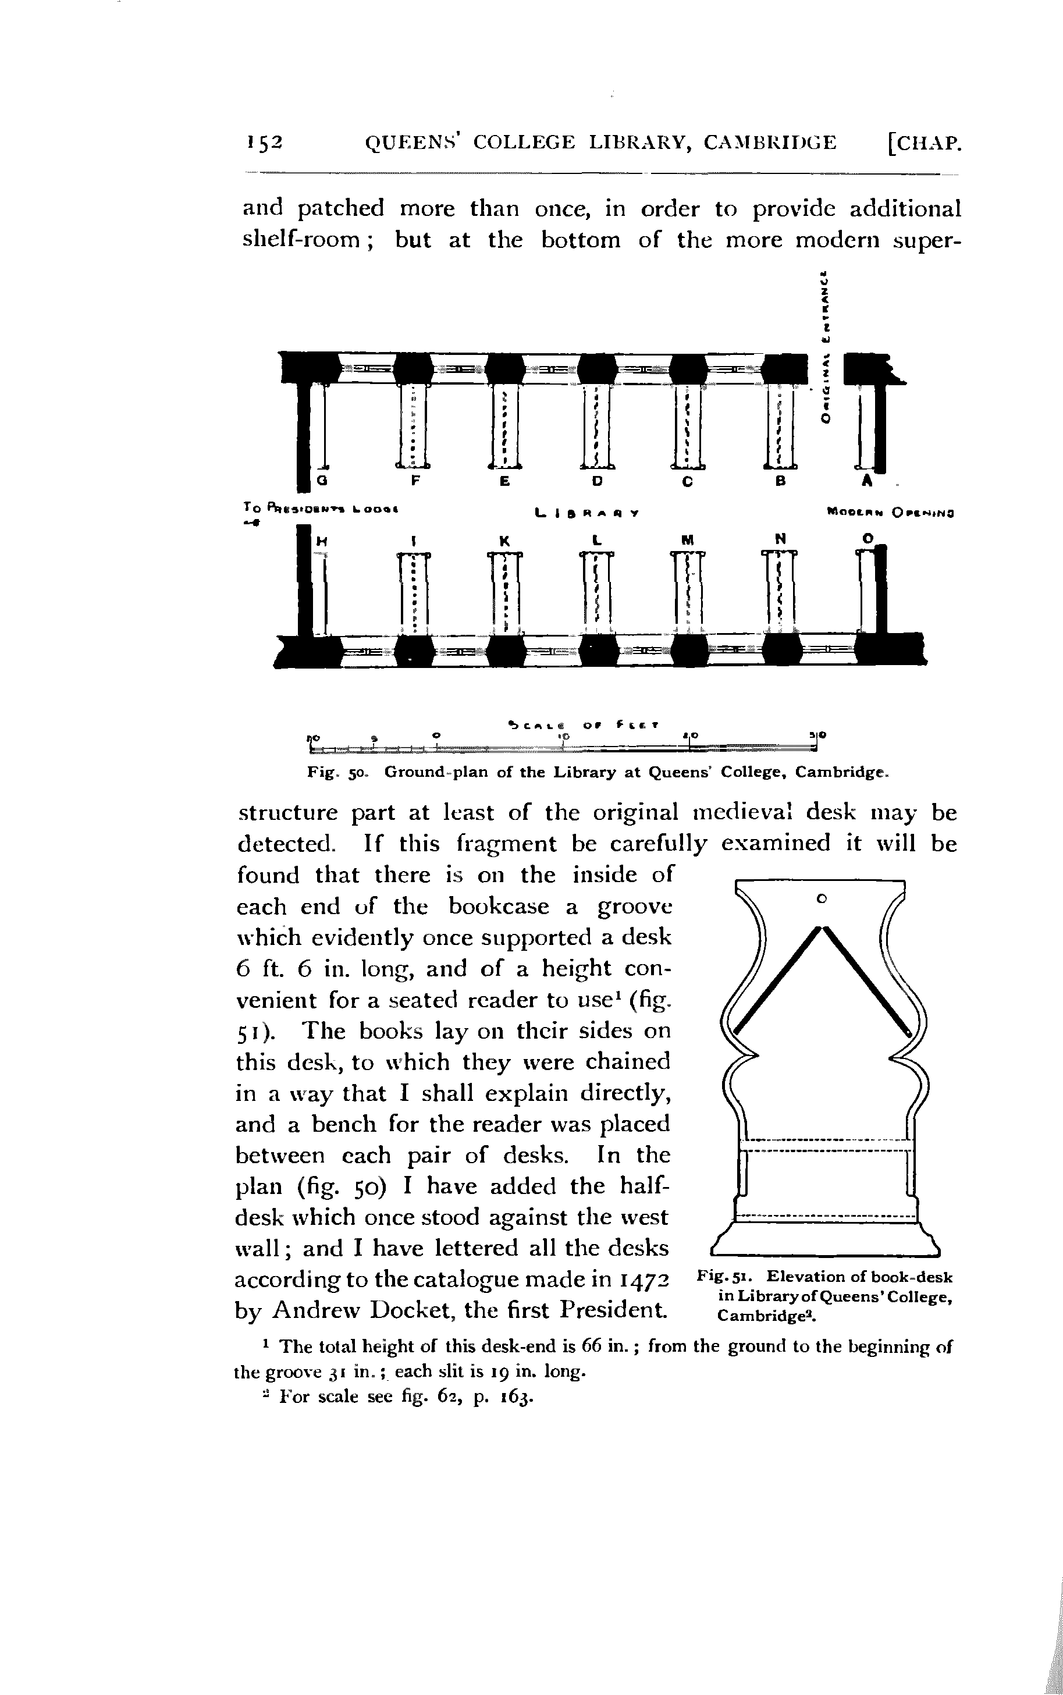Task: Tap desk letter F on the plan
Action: tap(415, 482)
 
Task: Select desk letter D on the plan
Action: tap(597, 482)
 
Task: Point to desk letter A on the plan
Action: tap(867, 482)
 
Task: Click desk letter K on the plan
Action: tap(504, 541)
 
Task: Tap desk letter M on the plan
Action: tap(687, 541)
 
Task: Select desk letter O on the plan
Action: tap(868, 538)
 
